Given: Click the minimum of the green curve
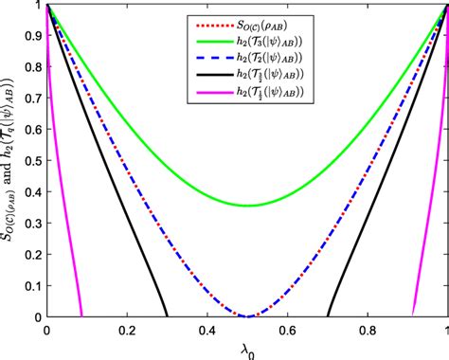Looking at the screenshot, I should point(247,206).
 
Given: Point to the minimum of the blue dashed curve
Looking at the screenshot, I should point(247,316).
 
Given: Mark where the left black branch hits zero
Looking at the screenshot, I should point(167,316).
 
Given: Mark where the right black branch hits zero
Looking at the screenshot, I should point(328,316).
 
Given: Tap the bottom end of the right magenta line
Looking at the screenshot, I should point(412,316).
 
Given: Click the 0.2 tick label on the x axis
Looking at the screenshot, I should point(127,331).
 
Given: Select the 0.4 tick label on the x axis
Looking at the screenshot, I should point(207,331).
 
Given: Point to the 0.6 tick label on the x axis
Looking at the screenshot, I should point(287,331).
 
